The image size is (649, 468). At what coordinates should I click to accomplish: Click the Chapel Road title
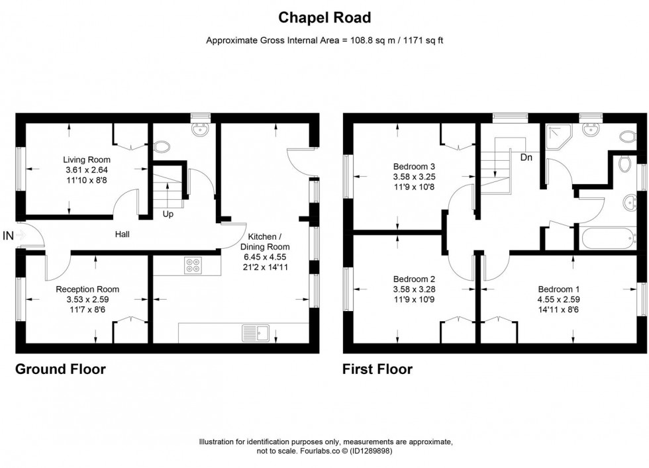[324, 18]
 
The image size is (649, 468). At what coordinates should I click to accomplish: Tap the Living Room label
[87, 160]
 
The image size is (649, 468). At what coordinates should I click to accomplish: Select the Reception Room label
[87, 289]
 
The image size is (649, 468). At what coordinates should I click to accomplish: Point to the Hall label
[123, 234]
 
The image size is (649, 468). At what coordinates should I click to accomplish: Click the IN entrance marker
[8, 235]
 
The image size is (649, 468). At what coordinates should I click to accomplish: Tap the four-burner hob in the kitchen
[193, 265]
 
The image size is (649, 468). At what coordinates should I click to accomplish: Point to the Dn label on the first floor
[526, 158]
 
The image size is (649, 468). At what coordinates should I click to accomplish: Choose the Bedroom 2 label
[413, 279]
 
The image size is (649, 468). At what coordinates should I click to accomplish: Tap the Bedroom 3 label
[413, 166]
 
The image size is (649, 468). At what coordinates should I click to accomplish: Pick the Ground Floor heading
[60, 369]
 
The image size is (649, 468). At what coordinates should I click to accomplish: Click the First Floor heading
[377, 369]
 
